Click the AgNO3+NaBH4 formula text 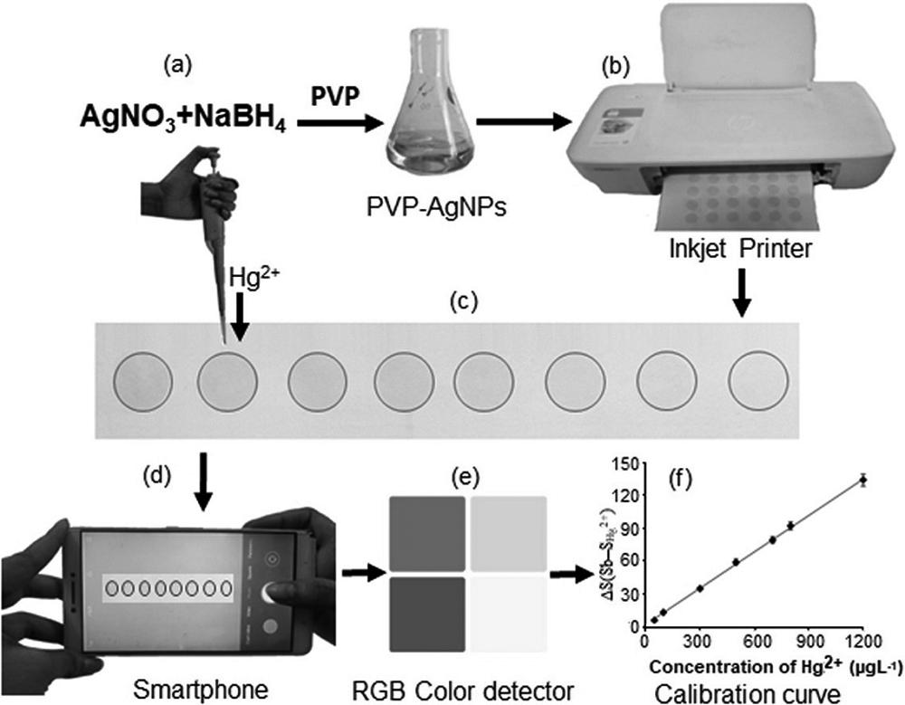182,118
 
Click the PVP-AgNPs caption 422,211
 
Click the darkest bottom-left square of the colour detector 428,614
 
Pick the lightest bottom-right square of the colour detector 509,614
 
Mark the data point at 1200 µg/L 863,481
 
